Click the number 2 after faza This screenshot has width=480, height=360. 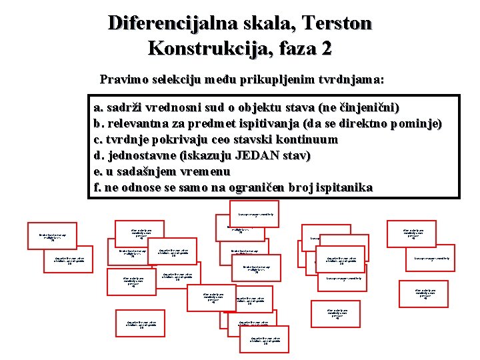[x=325, y=49]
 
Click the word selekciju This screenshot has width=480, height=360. [x=178, y=80]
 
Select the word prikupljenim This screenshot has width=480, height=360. [x=269, y=80]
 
